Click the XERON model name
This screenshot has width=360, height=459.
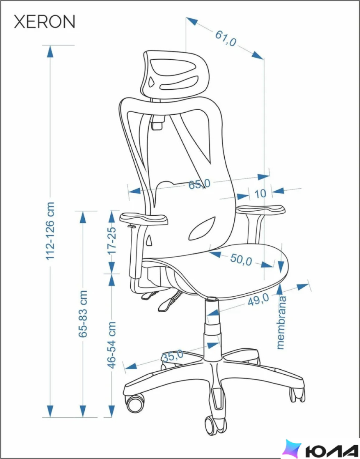(x=45, y=22)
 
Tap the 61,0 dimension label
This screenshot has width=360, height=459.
(x=226, y=38)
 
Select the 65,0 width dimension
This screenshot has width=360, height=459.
(x=199, y=184)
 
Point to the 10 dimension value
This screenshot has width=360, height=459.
(x=261, y=194)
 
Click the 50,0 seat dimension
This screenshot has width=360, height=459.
(x=241, y=260)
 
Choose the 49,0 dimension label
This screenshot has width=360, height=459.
(x=258, y=300)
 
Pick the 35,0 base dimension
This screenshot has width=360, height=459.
(x=172, y=356)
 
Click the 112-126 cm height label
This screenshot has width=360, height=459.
(x=50, y=231)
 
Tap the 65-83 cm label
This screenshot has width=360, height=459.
(x=83, y=313)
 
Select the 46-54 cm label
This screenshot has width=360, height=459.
(x=112, y=345)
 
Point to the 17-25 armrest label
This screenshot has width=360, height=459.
(x=112, y=240)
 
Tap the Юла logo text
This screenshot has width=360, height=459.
(x=331, y=451)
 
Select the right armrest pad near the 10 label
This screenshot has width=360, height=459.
(x=261, y=210)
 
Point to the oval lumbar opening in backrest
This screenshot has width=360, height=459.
(x=202, y=229)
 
